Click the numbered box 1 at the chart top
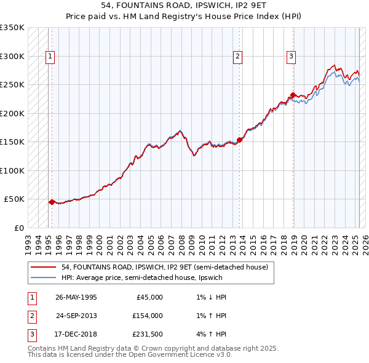(x=50, y=57)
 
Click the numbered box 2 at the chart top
(x=238, y=57)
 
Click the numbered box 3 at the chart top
(x=291, y=57)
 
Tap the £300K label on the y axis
(x=13, y=56)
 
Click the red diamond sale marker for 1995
(x=52, y=201)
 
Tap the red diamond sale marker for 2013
(x=239, y=140)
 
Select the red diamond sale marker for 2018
(x=293, y=95)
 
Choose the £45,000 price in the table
(x=149, y=297)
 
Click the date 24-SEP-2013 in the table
(x=76, y=316)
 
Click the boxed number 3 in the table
(x=30, y=335)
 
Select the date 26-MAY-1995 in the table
(x=76, y=297)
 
